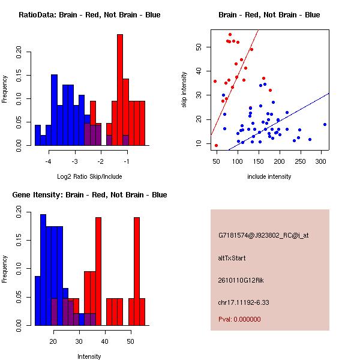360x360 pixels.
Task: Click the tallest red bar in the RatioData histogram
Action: (x=120, y=90)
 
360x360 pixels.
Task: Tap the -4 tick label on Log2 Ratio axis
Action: (x=48, y=161)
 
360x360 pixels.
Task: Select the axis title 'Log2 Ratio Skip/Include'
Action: (x=89, y=176)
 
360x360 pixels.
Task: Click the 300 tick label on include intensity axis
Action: (x=321, y=161)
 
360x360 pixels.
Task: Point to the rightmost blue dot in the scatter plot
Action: (x=325, y=124)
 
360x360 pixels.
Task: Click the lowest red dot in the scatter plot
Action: (x=216, y=146)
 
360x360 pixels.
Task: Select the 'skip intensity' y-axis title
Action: (x=184, y=89)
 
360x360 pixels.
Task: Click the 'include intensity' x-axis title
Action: (x=269, y=176)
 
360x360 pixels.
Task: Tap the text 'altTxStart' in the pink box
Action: (x=232, y=258)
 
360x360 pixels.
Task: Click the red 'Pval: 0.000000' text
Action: (x=239, y=319)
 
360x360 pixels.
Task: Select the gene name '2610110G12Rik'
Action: (x=241, y=280)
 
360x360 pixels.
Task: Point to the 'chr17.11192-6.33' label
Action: (x=244, y=302)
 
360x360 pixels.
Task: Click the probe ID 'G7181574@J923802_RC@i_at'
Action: (x=263, y=236)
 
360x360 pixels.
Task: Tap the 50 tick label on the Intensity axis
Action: (x=131, y=341)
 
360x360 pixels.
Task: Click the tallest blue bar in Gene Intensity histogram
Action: (x=43, y=270)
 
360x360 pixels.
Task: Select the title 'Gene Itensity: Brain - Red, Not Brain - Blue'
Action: (x=89, y=195)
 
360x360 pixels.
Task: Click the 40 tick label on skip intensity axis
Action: (x=199, y=71)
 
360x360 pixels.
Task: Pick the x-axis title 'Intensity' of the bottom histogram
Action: (x=89, y=356)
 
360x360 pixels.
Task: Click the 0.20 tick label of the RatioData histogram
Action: (x=19, y=52)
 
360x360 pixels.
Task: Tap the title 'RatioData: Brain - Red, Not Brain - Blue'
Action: (x=89, y=15)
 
